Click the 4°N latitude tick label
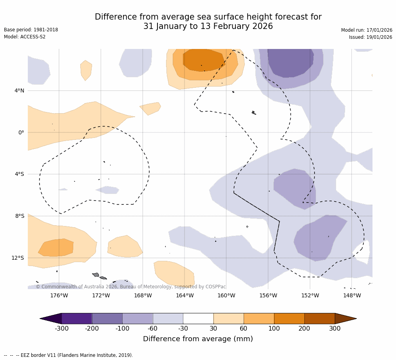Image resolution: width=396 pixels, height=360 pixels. click(19, 91)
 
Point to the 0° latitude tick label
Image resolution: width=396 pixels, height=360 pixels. click(21, 132)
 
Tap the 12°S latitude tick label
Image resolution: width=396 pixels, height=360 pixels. click(18, 258)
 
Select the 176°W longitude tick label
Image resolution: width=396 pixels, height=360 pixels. click(59, 295)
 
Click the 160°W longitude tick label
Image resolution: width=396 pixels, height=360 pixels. click(226, 295)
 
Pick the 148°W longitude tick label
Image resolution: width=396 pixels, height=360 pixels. click(352, 295)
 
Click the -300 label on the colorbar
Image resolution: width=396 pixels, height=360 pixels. click(61, 329)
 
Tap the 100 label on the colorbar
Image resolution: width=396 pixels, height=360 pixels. click(274, 329)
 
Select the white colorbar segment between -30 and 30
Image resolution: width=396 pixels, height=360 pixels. click(198, 318)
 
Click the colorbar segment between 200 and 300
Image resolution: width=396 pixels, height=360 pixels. click(320, 318)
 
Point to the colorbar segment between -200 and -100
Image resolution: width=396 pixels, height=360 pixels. click(107, 318)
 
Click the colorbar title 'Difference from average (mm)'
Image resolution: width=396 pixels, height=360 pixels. click(198, 339)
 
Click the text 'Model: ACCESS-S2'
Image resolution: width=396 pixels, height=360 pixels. click(25, 37)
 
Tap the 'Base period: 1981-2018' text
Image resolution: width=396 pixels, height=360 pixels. click(31, 30)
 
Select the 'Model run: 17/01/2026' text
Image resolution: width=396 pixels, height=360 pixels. click(366, 30)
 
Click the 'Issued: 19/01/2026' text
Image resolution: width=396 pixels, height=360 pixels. click(370, 37)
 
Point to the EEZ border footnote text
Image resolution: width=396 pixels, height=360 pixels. click(69, 355)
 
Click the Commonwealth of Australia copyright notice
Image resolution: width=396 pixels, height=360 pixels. click(131, 287)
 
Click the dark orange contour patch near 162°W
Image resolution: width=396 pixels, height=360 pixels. click(204, 60)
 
